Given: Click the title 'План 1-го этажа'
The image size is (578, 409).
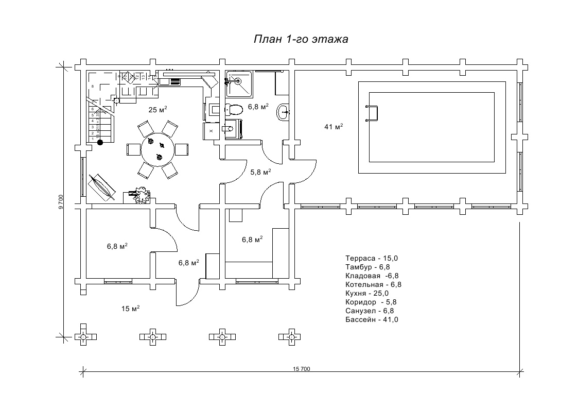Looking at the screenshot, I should pyautogui.click(x=301, y=40).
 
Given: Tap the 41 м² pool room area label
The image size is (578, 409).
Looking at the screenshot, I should pyautogui.click(x=334, y=127).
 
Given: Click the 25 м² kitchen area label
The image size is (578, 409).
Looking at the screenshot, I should pyautogui.click(x=158, y=109).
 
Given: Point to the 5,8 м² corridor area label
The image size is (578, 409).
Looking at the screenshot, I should pyautogui.click(x=260, y=172).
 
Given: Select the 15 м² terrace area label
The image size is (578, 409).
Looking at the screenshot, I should pyautogui.click(x=131, y=309).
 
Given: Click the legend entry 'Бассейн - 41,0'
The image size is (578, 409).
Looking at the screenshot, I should pyautogui.click(x=372, y=319).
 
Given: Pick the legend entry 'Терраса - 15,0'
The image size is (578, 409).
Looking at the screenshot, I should pyautogui.click(x=372, y=258).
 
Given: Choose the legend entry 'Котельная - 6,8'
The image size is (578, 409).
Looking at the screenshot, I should pyautogui.click(x=373, y=284).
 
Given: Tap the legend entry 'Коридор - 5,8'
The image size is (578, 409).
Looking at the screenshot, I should pyautogui.click(x=371, y=302).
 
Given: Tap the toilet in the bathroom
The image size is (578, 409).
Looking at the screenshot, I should pyautogui.click(x=234, y=109).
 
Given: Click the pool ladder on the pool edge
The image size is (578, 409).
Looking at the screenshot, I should pyautogui.click(x=372, y=113).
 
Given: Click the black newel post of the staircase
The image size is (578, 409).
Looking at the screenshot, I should pyautogui.click(x=100, y=142).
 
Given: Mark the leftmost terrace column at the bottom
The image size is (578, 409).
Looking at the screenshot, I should pyautogui.click(x=84, y=336).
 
